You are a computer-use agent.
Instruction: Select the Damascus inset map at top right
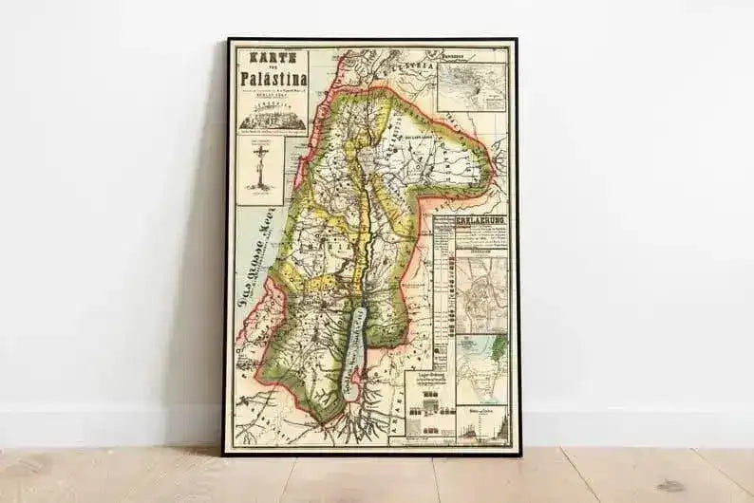[472, 86]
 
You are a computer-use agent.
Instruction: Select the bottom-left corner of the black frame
[225, 454]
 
